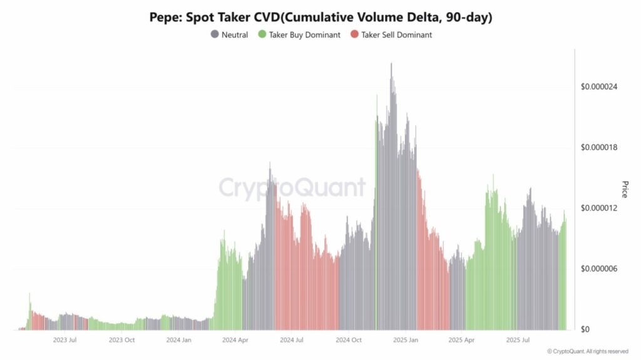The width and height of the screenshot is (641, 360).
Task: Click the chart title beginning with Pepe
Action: [320, 18]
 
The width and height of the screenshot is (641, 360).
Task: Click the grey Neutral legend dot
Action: [215, 35]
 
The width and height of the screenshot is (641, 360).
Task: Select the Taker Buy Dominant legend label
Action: [304, 35]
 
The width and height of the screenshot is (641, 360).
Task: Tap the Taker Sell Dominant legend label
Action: [396, 35]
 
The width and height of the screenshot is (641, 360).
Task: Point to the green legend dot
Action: [262, 35]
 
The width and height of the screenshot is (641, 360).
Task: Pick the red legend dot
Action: [354, 35]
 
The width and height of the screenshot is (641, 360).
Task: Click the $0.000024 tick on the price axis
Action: [600, 86]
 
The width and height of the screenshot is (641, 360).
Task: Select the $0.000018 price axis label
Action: [600, 147]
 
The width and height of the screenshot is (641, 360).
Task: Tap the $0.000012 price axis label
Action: [600, 208]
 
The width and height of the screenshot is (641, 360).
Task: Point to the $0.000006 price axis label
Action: [600, 269]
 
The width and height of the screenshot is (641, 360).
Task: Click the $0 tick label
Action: [586, 329]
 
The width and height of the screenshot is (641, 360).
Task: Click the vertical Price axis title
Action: [624, 189]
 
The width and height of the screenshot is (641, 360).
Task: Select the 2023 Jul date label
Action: [64, 340]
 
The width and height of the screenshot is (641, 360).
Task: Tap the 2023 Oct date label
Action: [121, 340]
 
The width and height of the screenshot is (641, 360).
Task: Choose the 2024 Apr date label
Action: [235, 340]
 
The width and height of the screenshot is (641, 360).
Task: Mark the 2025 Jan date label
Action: [406, 340]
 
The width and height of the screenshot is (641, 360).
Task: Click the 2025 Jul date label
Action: [519, 340]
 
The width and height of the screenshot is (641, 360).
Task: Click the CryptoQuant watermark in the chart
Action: [292, 188]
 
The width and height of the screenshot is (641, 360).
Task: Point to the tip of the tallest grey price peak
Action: [391, 63]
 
